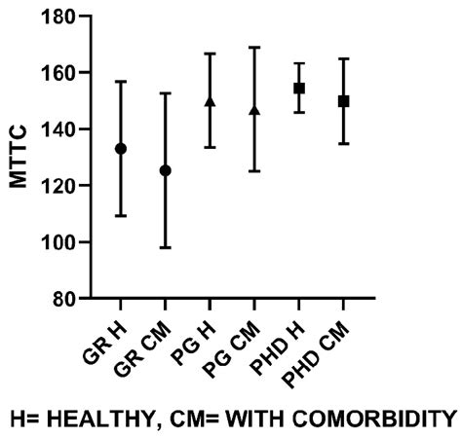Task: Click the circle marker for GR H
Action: pos(121,148)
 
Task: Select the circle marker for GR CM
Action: pos(166,170)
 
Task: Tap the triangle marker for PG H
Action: pos(210,100)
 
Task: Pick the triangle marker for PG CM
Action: pos(254,110)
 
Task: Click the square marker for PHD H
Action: pos(299,88)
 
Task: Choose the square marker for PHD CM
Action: pos(344,100)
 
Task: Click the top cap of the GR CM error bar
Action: pos(166,93)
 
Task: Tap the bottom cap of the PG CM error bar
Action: pos(254,171)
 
